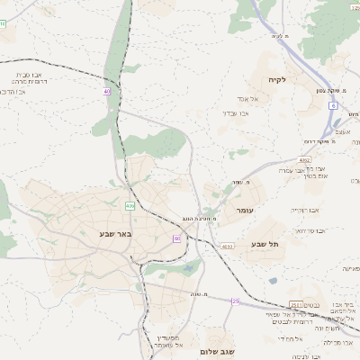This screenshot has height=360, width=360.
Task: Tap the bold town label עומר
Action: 245,210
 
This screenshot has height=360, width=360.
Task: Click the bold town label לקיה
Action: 276,79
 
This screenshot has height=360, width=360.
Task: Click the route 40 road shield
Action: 107,91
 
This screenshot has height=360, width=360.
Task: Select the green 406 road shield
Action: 130,206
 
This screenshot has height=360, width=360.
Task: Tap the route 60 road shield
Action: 176,238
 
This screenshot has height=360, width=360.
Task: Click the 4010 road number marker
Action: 227,245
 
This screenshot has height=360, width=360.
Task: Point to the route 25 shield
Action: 236,301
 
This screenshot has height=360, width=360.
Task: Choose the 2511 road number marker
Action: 298,305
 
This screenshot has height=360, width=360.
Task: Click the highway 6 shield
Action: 332,105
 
